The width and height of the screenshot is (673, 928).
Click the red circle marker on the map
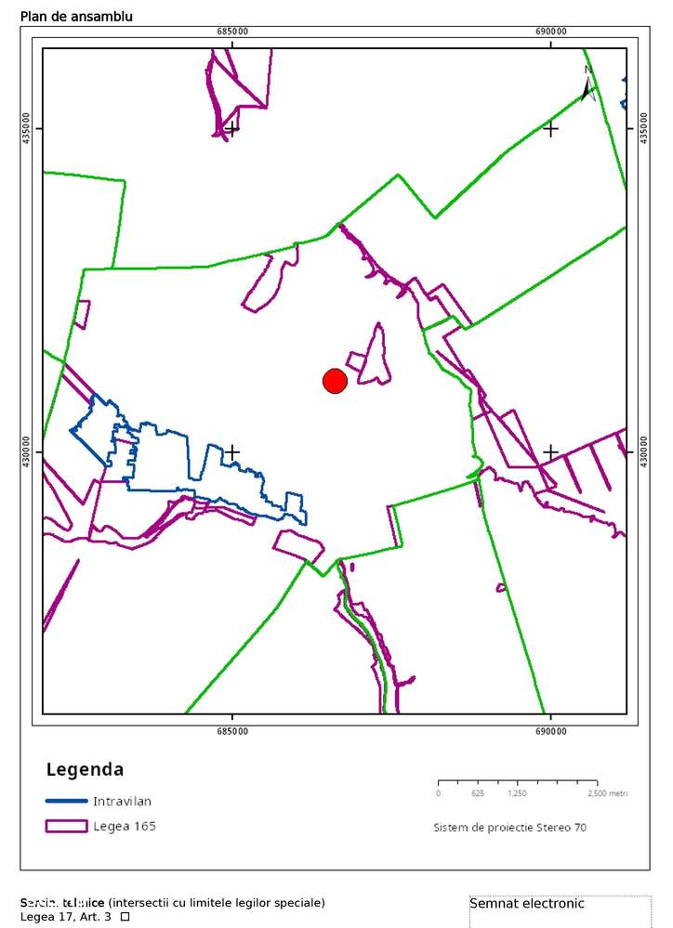[x=335, y=381]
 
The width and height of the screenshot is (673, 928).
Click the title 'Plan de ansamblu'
[x=76, y=17]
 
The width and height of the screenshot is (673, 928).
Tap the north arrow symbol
[x=588, y=85]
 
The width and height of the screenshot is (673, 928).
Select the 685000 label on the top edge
[x=232, y=32]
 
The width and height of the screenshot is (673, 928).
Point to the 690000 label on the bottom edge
[x=550, y=731]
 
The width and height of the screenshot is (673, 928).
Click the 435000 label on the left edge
[x=26, y=128]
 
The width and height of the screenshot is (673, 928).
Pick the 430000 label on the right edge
[x=643, y=452]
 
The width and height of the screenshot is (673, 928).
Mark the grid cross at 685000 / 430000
[x=232, y=452]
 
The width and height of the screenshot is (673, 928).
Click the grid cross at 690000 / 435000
[x=550, y=128]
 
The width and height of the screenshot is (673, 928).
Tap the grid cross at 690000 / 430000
[x=550, y=452]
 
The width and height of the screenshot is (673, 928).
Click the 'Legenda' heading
[x=85, y=770]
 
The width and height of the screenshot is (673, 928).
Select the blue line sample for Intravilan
[x=66, y=801]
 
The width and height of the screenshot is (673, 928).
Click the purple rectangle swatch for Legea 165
[x=66, y=826]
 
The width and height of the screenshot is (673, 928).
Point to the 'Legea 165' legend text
[x=125, y=826]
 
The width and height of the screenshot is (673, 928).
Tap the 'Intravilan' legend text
[x=122, y=801]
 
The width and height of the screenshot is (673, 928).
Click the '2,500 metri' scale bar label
[x=607, y=793]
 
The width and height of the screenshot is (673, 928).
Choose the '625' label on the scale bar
[x=478, y=793]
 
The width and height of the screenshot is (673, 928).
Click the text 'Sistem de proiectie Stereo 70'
[x=509, y=827]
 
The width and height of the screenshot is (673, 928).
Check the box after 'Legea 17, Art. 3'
[x=125, y=917]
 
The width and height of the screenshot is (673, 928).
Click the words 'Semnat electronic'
[x=527, y=903]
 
